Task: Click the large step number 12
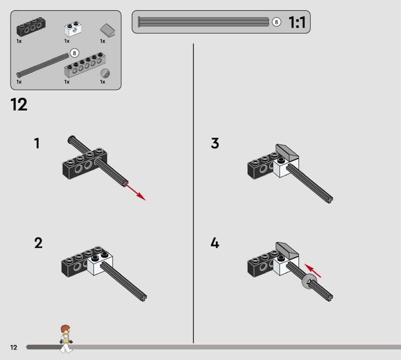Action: (x=19, y=104)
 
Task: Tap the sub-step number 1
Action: (x=37, y=143)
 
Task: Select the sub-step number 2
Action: (x=39, y=243)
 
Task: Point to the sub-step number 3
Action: (x=215, y=143)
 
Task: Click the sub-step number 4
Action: (x=215, y=243)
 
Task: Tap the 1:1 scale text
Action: (x=297, y=22)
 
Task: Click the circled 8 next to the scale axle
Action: (x=276, y=22)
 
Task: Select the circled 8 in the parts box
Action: (x=74, y=53)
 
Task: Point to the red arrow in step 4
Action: (x=312, y=271)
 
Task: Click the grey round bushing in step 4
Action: (x=309, y=281)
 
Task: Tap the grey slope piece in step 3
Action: (x=287, y=152)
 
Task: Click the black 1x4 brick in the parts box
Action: (x=31, y=27)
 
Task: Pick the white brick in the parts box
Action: (x=73, y=29)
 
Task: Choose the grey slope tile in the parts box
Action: (x=108, y=31)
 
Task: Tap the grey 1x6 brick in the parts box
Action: (x=85, y=66)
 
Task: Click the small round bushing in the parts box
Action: (x=105, y=73)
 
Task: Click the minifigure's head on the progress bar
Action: (x=66, y=329)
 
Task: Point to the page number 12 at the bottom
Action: (x=14, y=347)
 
